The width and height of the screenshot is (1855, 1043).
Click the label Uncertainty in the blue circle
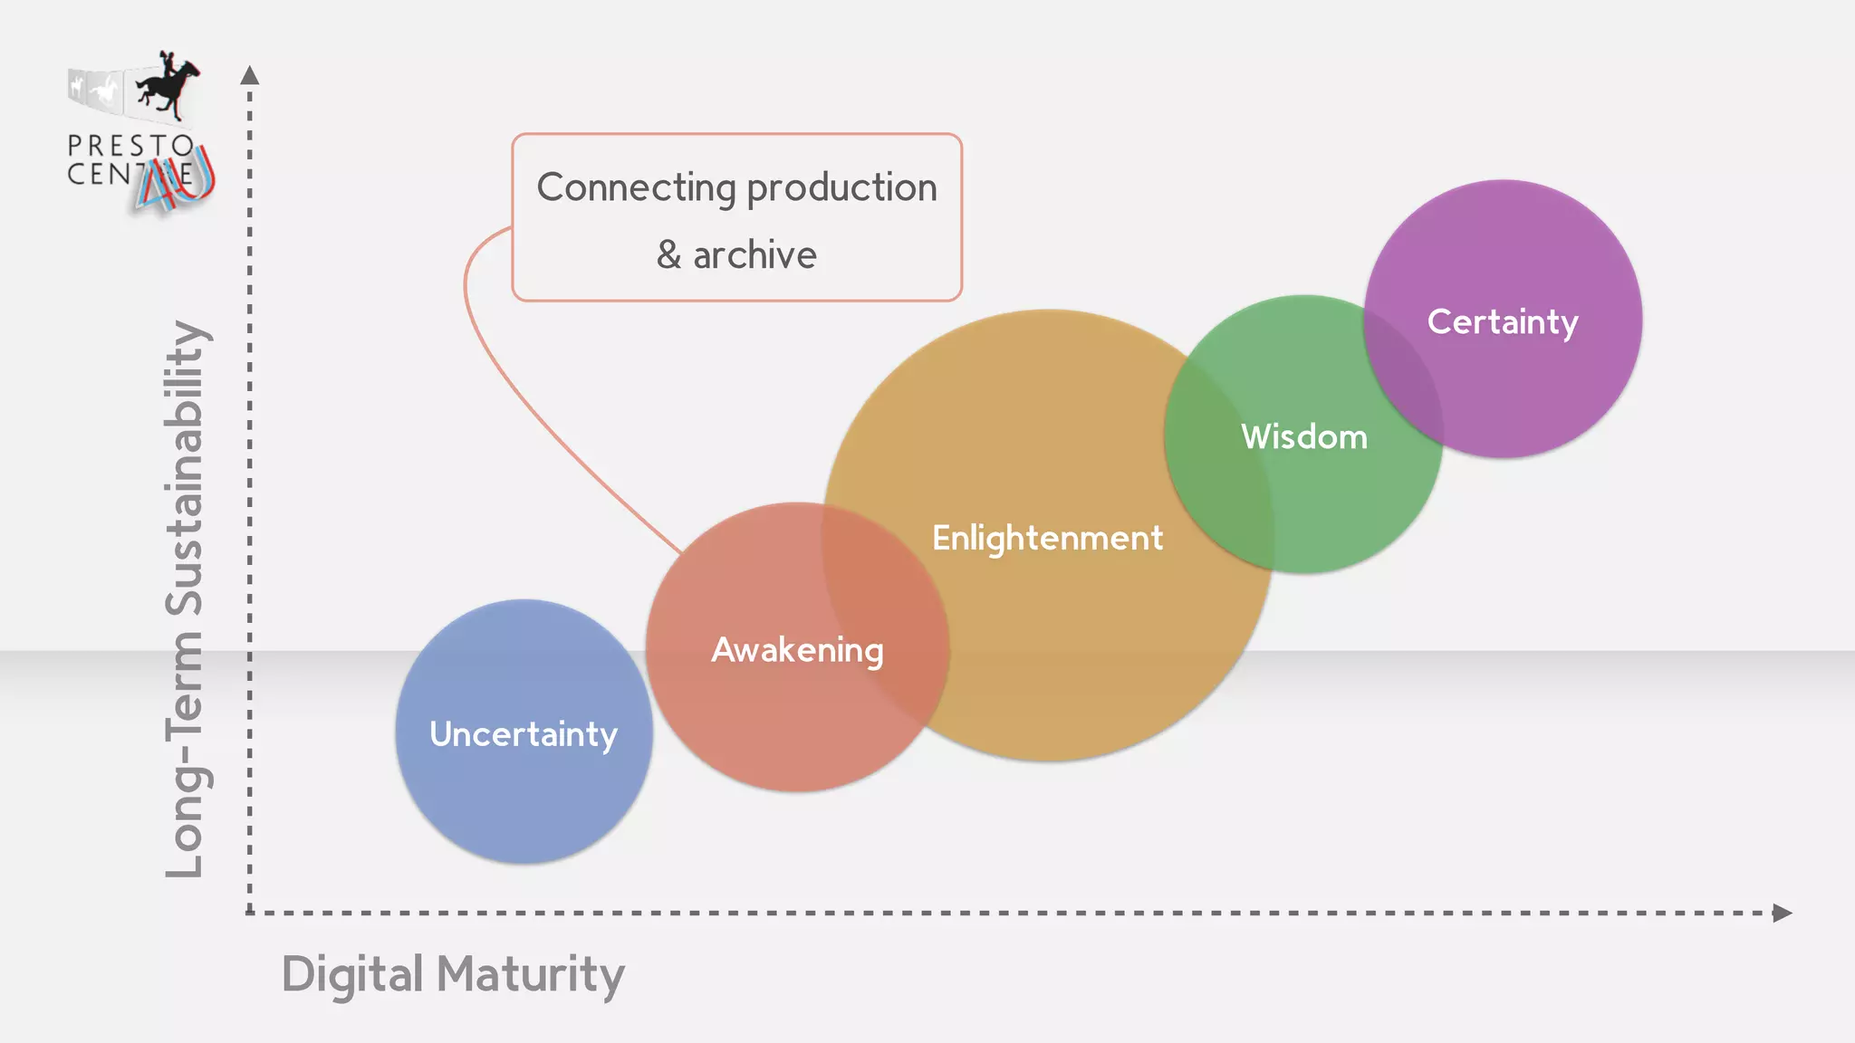[x=524, y=734]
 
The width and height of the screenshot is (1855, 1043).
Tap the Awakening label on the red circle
[x=797, y=650]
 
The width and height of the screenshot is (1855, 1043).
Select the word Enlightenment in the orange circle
[x=1047, y=538]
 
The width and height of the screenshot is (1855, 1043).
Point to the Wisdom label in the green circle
[x=1304, y=437]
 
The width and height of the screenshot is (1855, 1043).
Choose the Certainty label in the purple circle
[x=1503, y=321]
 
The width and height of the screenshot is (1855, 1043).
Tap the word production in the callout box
[x=841, y=188]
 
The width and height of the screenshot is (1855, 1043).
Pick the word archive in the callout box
[x=754, y=255]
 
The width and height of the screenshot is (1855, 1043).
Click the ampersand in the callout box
[x=668, y=255]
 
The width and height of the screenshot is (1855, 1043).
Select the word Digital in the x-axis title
[x=352, y=975]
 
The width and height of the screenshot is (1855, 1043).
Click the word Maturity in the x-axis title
[x=531, y=975]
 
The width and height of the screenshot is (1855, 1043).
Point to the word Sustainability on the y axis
[x=186, y=466]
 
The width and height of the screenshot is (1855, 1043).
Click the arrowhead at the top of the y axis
[x=250, y=75]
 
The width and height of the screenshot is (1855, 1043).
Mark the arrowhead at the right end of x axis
[x=1782, y=913]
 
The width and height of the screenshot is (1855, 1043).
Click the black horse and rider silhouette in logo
[x=167, y=86]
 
